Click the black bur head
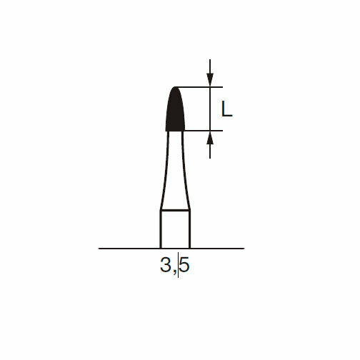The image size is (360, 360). coord(175,111)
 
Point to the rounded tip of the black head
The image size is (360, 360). coord(175,87)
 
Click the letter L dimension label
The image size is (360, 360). coord(226,109)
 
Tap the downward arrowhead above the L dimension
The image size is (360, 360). coord(210,80)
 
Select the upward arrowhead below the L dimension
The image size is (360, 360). coord(210,138)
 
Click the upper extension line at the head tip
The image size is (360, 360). coord(199,87)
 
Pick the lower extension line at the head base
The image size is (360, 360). coord(204,131)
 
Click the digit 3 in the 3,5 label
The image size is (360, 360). coord(166,265)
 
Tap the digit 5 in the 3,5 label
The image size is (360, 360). coord(184,265)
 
